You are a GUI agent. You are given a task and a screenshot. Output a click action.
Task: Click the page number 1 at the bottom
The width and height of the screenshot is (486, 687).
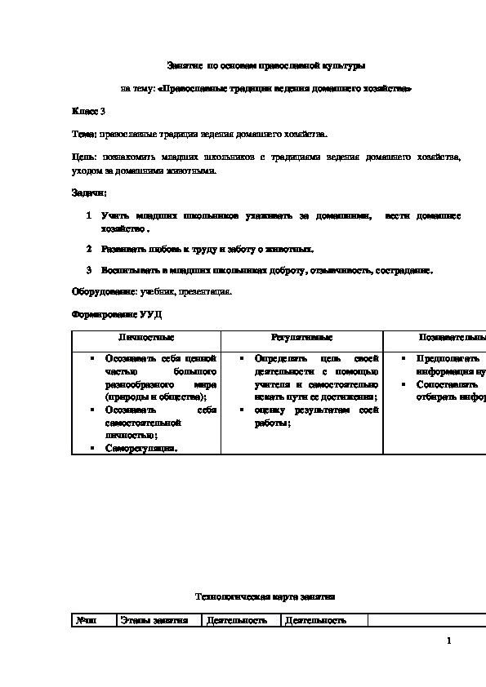point(449,641)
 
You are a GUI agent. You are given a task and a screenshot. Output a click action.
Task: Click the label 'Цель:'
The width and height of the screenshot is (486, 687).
point(84,156)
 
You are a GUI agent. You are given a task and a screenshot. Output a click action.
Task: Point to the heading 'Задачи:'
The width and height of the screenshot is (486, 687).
point(89,193)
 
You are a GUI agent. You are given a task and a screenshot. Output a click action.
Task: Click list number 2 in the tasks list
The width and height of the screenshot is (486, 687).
point(89,249)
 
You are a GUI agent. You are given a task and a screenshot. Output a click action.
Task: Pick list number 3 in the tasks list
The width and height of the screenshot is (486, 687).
point(89,269)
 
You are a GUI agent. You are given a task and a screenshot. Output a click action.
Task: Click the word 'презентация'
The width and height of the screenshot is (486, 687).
point(210,290)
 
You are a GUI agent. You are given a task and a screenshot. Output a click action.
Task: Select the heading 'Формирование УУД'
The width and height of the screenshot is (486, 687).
point(112,314)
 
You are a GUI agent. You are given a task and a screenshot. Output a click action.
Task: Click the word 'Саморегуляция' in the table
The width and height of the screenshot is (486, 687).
point(140,448)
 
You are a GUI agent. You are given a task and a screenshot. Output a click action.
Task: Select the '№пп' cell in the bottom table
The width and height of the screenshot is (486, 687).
point(86,621)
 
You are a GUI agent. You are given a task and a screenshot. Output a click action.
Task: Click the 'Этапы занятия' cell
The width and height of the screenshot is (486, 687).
point(154,621)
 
